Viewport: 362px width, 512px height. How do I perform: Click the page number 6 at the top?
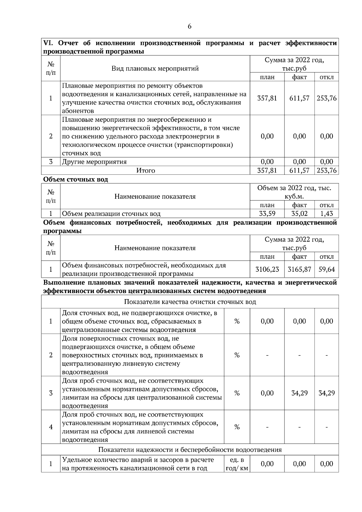[189, 26]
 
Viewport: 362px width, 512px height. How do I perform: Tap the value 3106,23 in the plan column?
[267, 269]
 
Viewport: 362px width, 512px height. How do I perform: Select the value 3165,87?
[299, 269]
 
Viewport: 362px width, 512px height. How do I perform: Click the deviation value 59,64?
[326, 269]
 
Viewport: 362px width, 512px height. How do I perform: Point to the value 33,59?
[267, 214]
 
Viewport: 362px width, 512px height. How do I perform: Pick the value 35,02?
[299, 214]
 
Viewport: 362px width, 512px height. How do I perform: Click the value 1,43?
[326, 214]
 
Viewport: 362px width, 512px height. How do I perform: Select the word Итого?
[146, 171]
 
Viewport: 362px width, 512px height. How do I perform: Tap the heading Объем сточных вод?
[75, 179]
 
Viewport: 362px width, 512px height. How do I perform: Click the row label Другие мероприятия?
[94, 162]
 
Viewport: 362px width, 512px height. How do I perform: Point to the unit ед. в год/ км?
[237, 464]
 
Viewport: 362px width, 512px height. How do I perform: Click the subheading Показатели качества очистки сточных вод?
[190, 302]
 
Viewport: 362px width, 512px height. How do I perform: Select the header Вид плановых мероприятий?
[155, 68]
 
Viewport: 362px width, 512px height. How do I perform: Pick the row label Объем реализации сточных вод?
[111, 214]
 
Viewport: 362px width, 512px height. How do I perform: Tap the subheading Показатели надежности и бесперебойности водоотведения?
[190, 450]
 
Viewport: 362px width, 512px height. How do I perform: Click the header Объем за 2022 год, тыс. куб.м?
[294, 192]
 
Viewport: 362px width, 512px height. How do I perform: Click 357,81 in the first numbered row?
[267, 98]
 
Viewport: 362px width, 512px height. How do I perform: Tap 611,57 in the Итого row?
[299, 171]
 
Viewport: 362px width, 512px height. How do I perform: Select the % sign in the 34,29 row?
[237, 393]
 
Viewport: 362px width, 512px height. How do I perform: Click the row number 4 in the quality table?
[51, 427]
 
